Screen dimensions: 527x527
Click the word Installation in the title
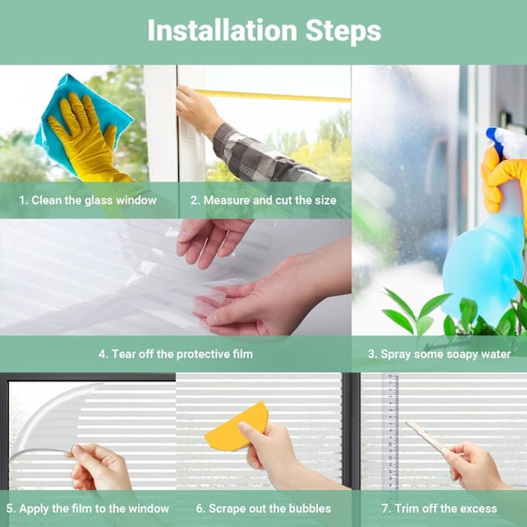pyautogui.click(x=222, y=30)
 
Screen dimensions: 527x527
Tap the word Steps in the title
pyautogui.click(x=343, y=31)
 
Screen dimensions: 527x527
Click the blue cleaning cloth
pyautogui.click(x=84, y=121)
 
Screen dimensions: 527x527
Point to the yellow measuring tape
pyautogui.click(x=273, y=96)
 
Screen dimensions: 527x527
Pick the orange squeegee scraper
pyautogui.click(x=236, y=427)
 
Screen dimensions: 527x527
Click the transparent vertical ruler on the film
pyautogui.click(x=390, y=432)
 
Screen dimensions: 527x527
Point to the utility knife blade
pyautogui.click(x=426, y=436)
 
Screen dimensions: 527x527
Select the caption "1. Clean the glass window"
pyautogui.click(x=88, y=200)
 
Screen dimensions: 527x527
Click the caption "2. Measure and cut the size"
pyautogui.click(x=263, y=200)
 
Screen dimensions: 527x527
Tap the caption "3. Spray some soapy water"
pyautogui.click(x=439, y=354)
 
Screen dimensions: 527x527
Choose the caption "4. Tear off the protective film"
pyautogui.click(x=176, y=354)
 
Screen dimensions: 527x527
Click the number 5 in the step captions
pyautogui.click(x=10, y=509)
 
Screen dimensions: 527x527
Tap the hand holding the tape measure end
pyautogui.click(x=199, y=110)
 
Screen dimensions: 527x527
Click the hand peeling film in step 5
pyautogui.click(x=101, y=467)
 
